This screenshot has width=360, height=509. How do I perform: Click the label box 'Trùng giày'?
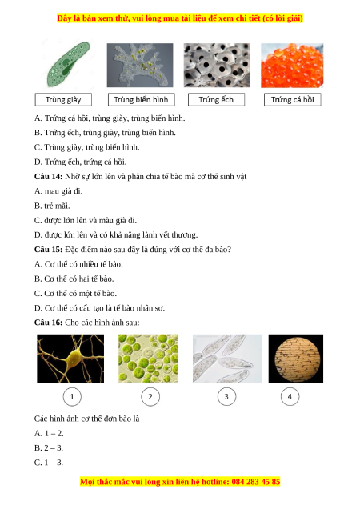[x=63, y=100]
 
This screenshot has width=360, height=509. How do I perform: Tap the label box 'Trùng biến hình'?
[x=142, y=100]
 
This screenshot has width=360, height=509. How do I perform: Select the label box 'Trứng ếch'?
[x=216, y=100]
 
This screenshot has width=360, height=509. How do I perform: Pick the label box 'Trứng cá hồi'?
[x=293, y=100]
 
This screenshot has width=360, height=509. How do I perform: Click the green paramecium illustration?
[x=68, y=64]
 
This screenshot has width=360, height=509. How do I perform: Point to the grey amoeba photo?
[x=140, y=66]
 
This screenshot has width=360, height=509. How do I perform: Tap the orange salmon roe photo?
[x=292, y=66]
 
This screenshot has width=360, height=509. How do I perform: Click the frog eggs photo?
[x=217, y=66]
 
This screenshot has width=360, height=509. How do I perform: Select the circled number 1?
[x=72, y=397]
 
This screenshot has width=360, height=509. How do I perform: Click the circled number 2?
[x=150, y=397]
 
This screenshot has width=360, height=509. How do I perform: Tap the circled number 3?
[x=226, y=397]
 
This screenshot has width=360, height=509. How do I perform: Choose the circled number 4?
[x=290, y=396]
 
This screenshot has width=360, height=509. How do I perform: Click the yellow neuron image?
[x=70, y=359]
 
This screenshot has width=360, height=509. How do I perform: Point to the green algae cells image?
[x=148, y=359]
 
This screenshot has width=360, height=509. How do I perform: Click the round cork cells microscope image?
[x=296, y=359]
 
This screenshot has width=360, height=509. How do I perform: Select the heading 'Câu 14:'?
[x=48, y=177]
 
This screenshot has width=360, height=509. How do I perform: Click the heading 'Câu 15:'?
[x=48, y=250]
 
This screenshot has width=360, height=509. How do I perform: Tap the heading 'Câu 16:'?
[x=48, y=323]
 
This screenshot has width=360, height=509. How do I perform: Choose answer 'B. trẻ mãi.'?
[x=52, y=206]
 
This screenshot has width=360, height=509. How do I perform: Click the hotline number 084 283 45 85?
[x=256, y=482]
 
